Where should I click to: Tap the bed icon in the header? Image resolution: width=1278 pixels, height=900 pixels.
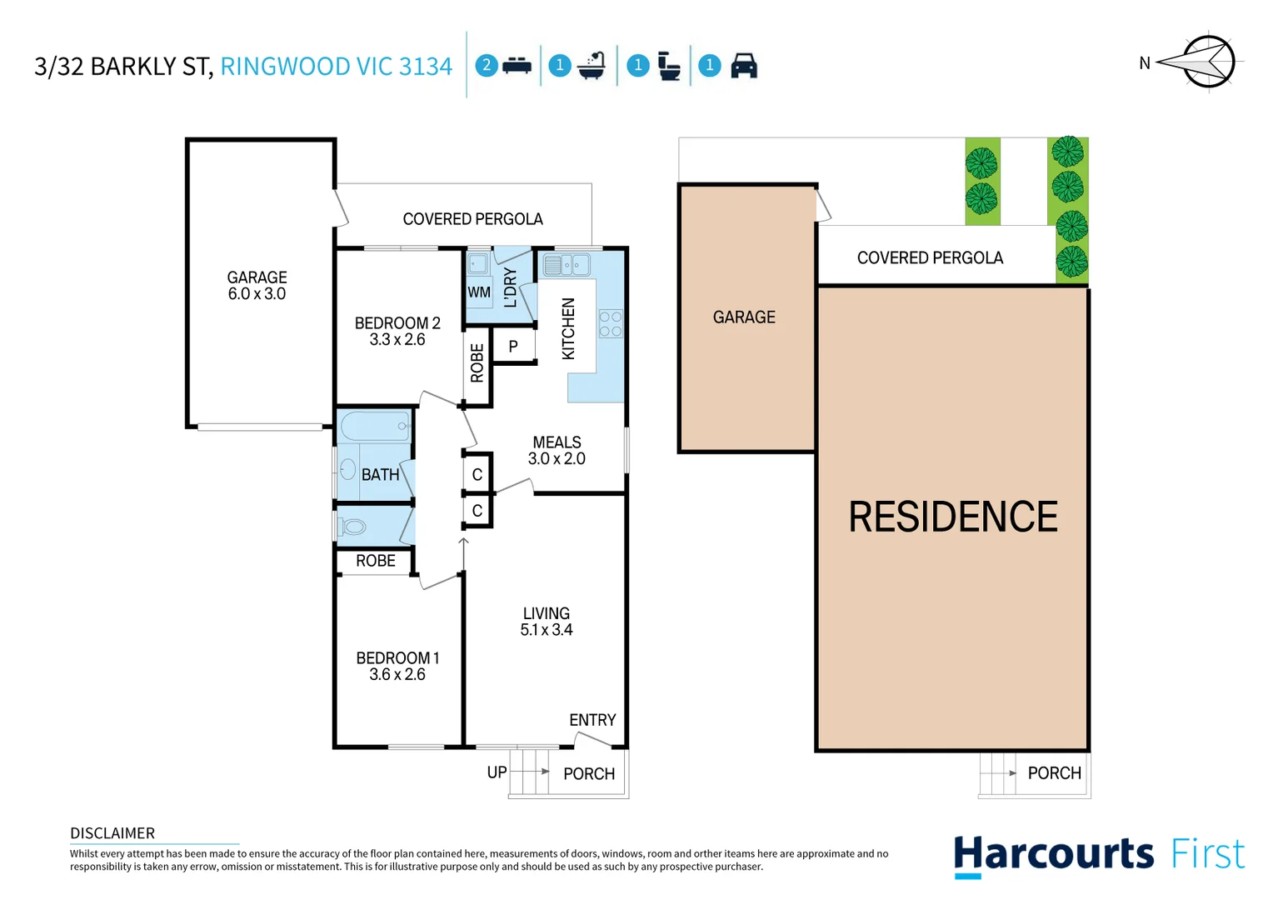pos(517,65)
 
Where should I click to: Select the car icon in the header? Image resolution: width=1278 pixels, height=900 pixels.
pos(743,65)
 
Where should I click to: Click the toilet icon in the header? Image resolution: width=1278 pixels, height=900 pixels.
pos(669,65)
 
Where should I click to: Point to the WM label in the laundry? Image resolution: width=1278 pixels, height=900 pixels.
pos(479,292)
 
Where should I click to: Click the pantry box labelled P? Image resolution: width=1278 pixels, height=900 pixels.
pos(513,346)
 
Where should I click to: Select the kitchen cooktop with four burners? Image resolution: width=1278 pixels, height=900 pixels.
pos(610,324)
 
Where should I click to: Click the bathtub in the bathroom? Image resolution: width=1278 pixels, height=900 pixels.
pos(375,427)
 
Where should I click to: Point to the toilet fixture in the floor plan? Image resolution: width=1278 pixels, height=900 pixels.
pos(353,527)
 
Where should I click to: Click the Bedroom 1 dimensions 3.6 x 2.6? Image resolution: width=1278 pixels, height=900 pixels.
pos(397,674)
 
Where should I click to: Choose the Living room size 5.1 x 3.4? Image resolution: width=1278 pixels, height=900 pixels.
pos(547,630)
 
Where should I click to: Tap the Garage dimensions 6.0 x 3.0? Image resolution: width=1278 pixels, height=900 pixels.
pos(257,294)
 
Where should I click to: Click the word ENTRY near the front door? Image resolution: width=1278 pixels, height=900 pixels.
pos(592,720)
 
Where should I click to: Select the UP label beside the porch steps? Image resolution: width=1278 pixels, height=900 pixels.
pos(497,772)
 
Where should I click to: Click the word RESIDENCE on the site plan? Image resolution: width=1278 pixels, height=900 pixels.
pos(952,517)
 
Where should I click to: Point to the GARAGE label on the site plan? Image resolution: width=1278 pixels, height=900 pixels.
pos(744,317)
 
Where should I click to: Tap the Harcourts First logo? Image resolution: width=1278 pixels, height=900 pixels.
pos(1098,855)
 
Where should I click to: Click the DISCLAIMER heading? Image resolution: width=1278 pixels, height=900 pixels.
pos(112,833)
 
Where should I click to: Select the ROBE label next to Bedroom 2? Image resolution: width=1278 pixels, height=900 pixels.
pos(477,363)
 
